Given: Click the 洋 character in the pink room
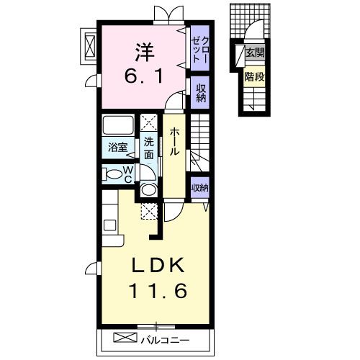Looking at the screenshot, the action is point(145,52).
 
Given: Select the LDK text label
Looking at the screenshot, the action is point(157,265).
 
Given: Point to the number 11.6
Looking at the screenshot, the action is point(158,291).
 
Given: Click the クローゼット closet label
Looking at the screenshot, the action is point(200,50).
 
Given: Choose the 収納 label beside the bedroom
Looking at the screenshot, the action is point(201,93).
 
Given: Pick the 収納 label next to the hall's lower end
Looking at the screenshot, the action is point(200,188).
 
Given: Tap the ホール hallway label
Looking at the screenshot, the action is point(174,142).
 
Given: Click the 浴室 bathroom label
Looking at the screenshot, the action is point(117,147).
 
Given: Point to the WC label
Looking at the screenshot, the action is point(128,175).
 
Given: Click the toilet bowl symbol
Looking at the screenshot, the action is point(112,174).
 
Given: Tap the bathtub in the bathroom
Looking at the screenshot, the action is point(118,125).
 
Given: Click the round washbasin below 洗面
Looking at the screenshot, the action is point(148,189).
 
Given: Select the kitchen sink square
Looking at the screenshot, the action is point(110,225).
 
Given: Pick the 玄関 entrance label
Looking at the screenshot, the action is point(255,53).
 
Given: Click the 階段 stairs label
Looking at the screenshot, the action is point(254,77).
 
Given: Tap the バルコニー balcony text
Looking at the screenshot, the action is point(165,341).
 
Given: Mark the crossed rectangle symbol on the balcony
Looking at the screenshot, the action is point(125,337).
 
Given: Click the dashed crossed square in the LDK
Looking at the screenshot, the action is point(149,211).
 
